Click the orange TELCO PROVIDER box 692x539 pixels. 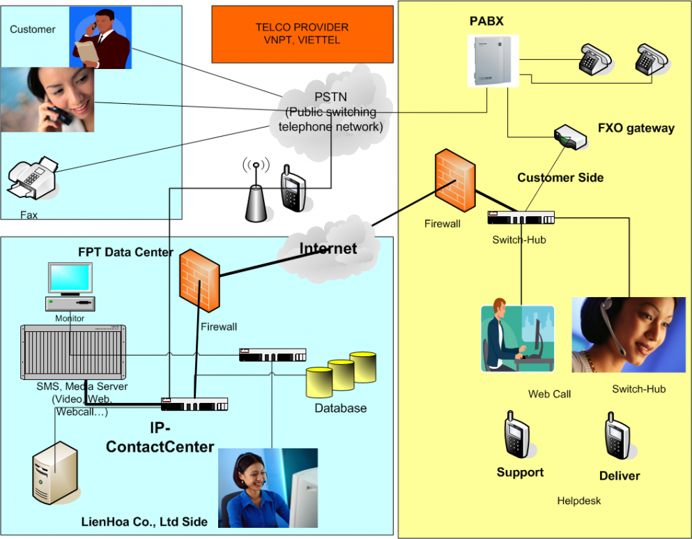(302, 34)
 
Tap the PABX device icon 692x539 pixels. (493, 61)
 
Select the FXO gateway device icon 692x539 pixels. (570, 137)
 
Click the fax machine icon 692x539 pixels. (33, 178)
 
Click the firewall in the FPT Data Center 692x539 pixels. (199, 281)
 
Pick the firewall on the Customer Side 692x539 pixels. (455, 180)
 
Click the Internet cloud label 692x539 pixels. (328, 248)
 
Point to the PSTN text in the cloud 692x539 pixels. (330, 97)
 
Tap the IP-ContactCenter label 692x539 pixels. (160, 437)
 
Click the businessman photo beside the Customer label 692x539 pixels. (100, 38)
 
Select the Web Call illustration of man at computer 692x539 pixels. (517, 335)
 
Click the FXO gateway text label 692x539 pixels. (636, 128)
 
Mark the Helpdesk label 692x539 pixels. (578, 501)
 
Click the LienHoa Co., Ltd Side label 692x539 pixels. (144, 522)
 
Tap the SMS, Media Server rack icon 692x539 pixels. (73, 352)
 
